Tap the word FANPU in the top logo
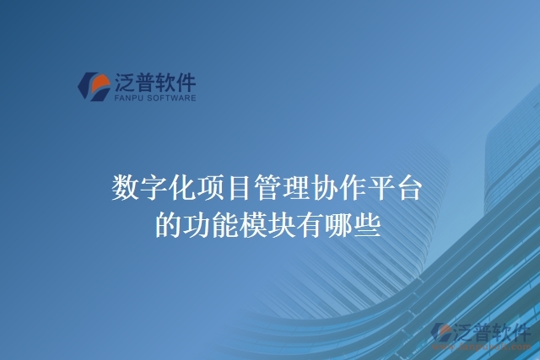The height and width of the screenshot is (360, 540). [127, 98]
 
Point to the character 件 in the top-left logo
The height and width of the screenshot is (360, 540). [185, 83]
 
